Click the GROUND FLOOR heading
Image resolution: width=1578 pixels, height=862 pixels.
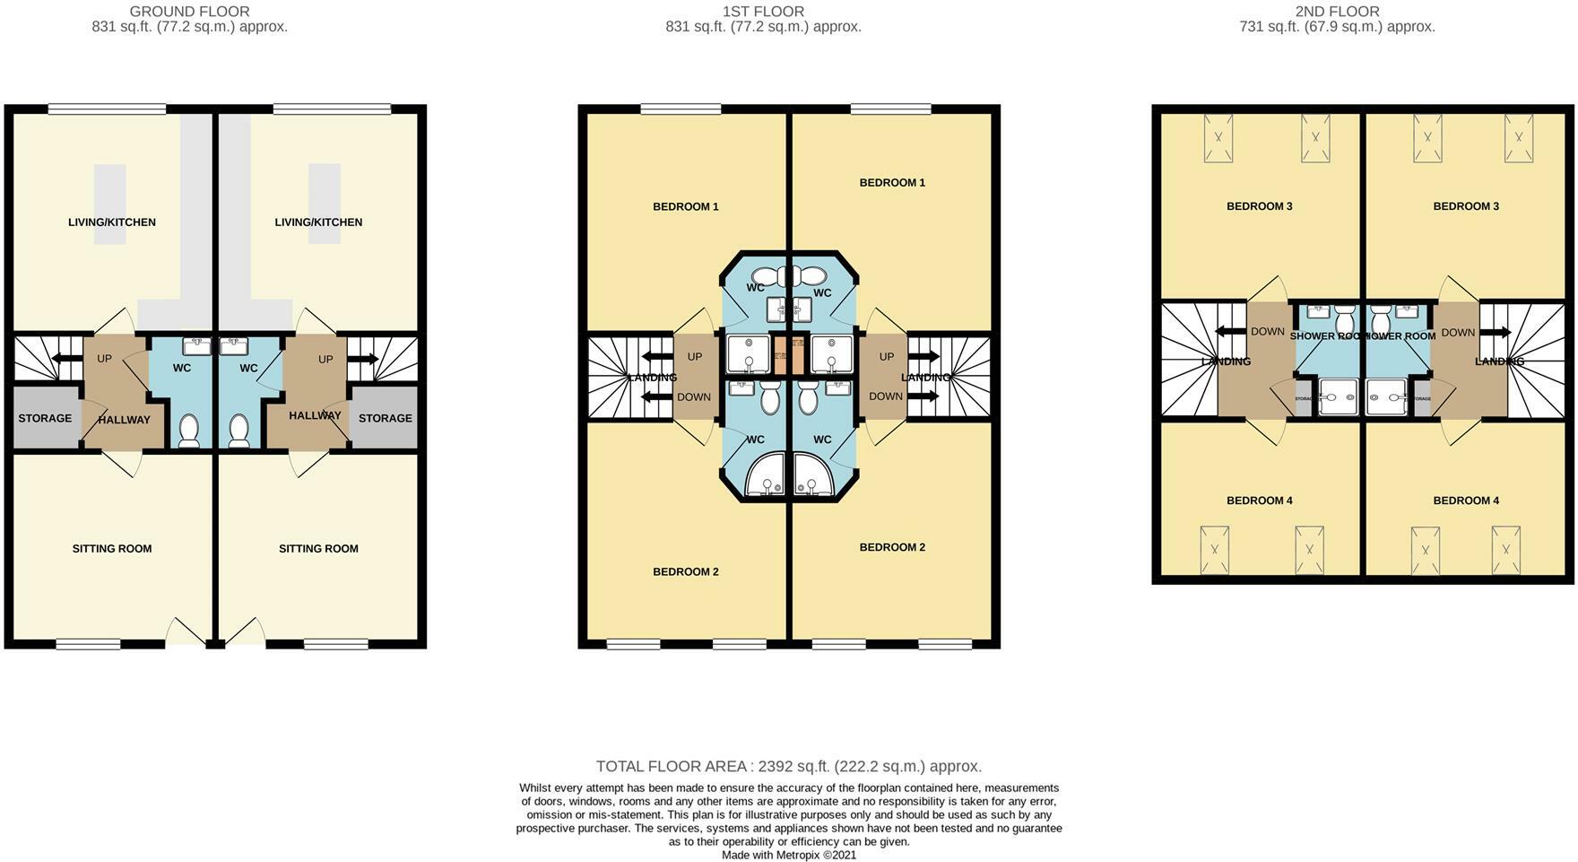point(189,12)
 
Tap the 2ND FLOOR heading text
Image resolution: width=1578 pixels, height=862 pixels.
point(1337,12)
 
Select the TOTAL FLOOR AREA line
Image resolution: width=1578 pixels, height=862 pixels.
point(788,766)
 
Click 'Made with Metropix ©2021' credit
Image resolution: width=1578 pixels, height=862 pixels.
point(789,855)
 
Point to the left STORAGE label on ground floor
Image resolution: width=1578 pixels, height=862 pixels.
point(45,418)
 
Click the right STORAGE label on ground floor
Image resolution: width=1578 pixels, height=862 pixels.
point(386,418)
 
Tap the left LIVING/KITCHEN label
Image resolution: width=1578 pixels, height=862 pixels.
point(112,222)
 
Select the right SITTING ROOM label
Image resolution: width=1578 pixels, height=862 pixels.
point(318,549)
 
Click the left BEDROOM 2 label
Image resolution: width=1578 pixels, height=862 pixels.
point(685,571)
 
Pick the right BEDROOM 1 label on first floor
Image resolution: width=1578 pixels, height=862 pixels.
point(892,183)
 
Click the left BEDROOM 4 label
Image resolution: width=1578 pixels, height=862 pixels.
point(1259,501)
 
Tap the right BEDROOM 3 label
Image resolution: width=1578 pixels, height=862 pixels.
point(1466,206)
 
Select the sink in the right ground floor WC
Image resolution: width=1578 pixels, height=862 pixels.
point(235,345)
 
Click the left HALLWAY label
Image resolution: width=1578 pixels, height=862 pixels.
point(124,420)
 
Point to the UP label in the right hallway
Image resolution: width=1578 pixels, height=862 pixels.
point(325,359)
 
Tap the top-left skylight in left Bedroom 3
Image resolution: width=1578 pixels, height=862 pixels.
point(1219,138)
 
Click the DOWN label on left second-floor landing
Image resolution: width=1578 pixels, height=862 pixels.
point(1267,332)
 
